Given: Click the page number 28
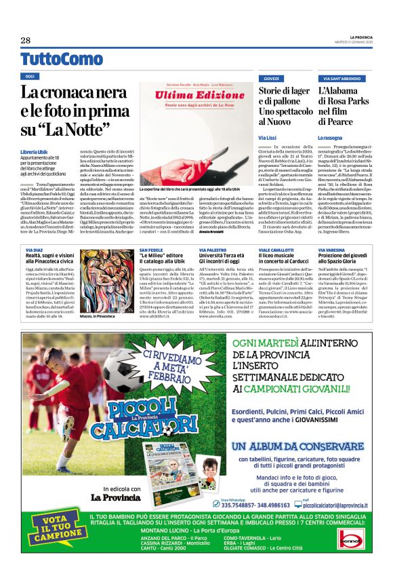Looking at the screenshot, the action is (26, 40).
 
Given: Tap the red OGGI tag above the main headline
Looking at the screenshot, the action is (29, 77).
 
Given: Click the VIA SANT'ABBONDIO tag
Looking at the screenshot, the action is (342, 79).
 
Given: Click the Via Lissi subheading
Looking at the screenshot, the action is (267, 137).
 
